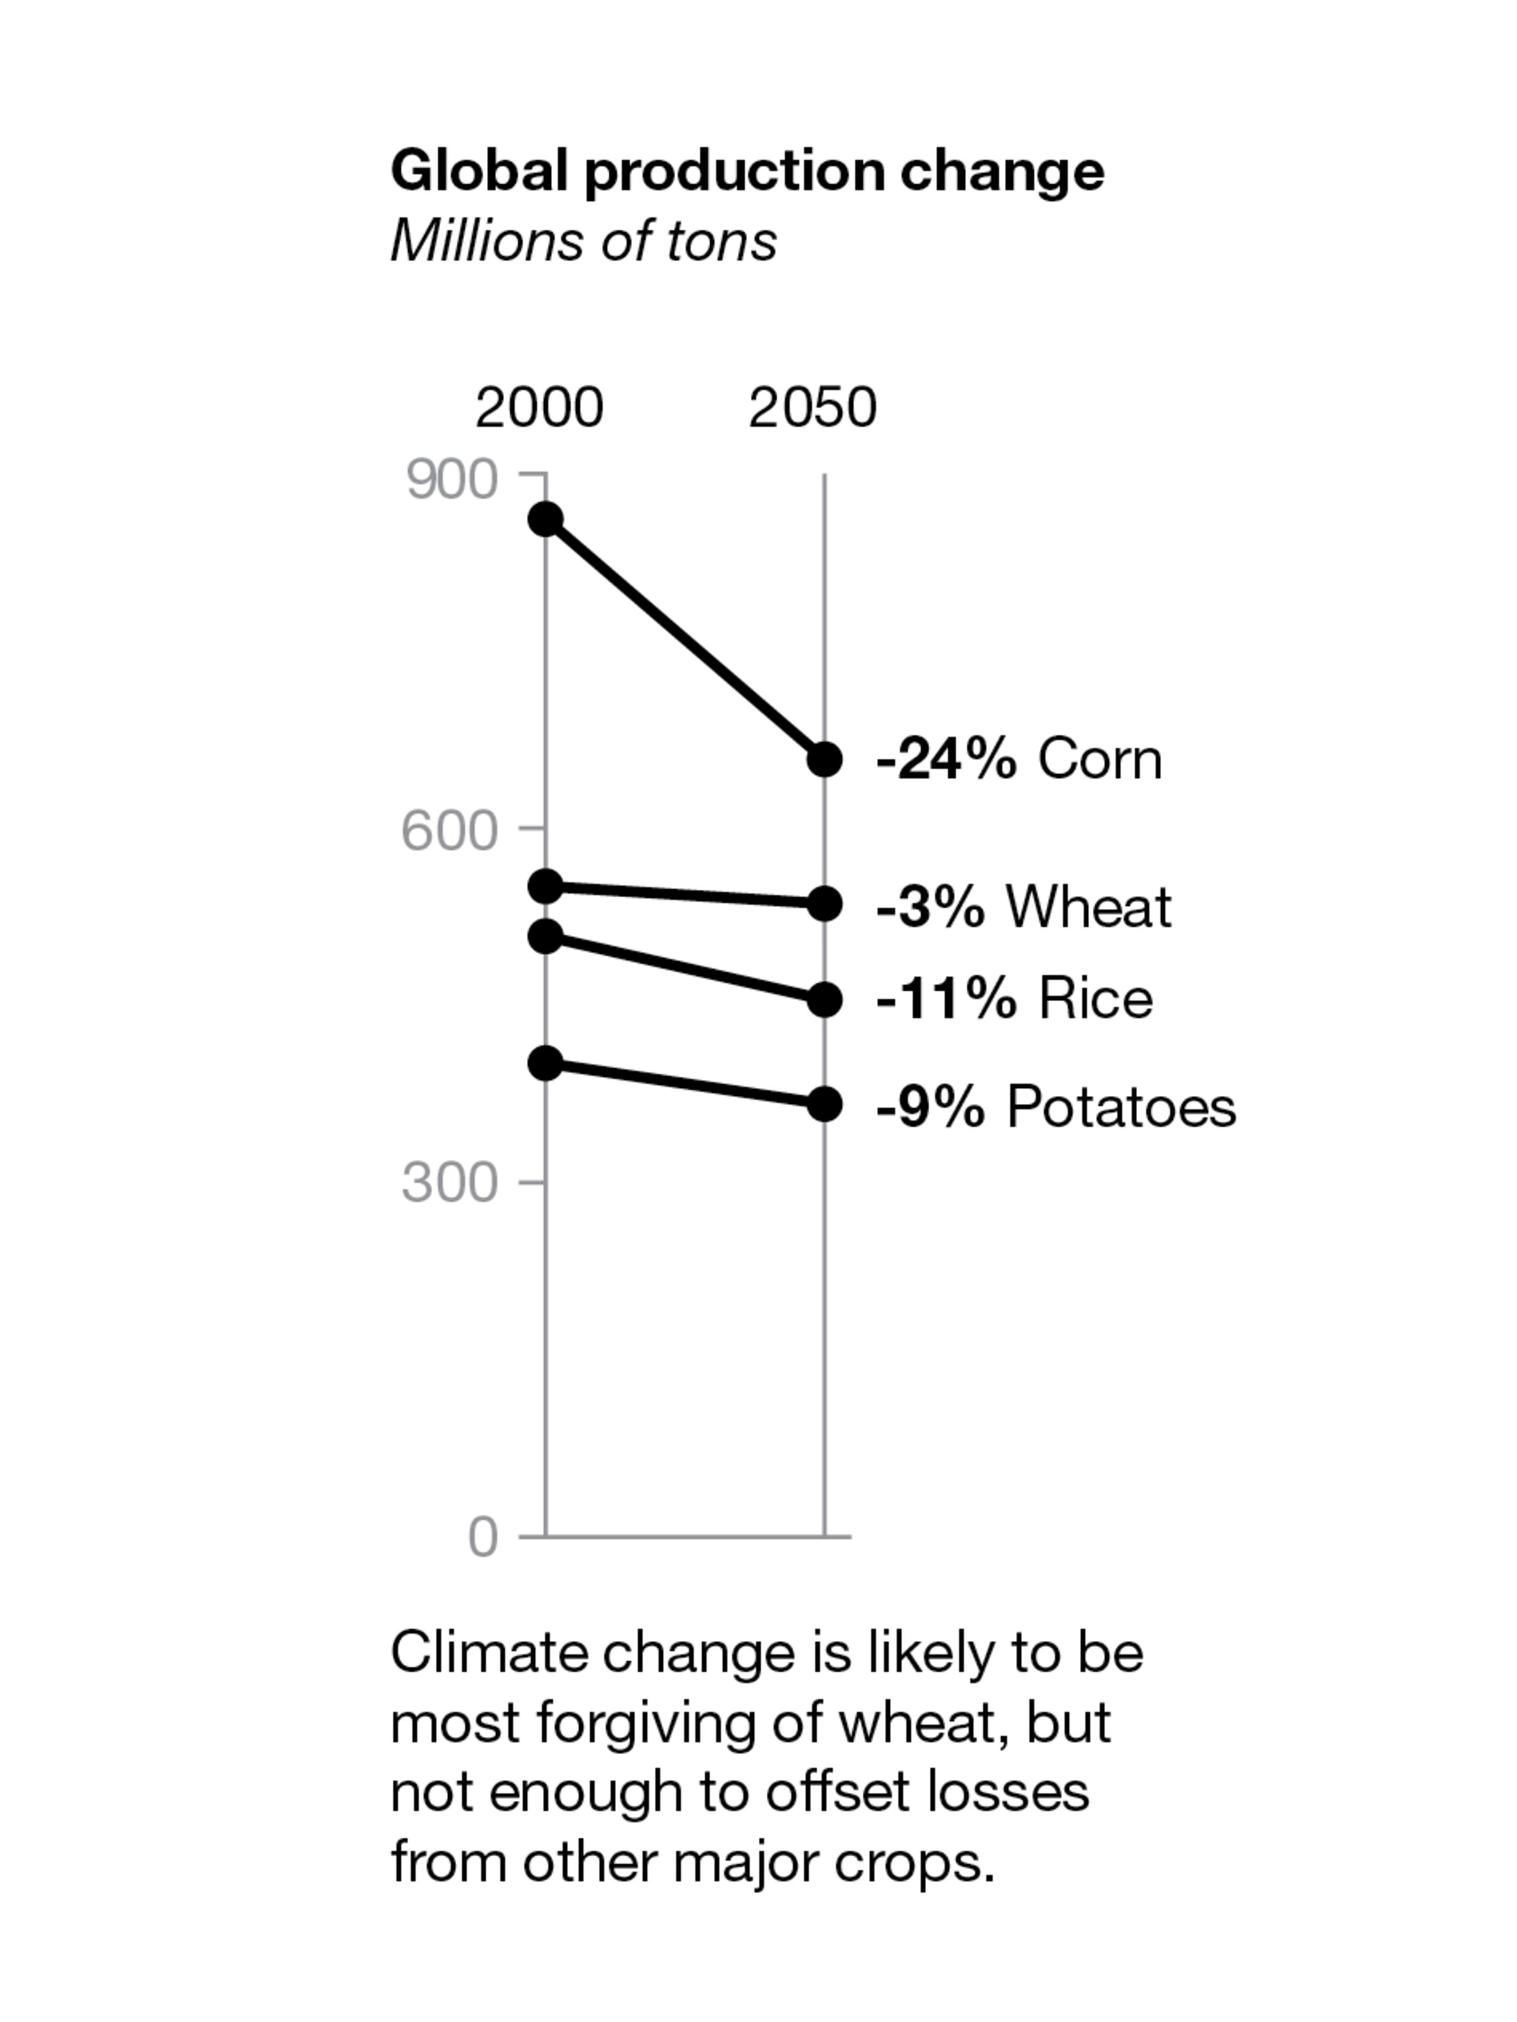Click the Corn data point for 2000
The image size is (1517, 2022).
546,519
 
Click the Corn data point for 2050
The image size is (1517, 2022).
824,759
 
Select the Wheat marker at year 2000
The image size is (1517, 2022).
546,886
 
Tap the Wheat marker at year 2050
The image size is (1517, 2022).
824,903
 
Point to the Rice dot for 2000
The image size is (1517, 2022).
546,935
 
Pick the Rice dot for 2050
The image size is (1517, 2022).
824,999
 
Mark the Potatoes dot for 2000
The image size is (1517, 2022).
546,1062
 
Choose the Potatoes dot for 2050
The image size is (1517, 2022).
824,1104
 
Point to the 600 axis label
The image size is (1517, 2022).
450,831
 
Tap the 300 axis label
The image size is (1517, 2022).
450,1183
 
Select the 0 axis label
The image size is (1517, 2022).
482,1537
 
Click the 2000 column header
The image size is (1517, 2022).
539,407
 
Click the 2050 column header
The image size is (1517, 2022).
812,407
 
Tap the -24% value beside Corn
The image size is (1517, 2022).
946,759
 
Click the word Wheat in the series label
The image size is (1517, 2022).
1087,907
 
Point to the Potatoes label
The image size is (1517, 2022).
1120,1106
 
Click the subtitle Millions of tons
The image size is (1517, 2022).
583,242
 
